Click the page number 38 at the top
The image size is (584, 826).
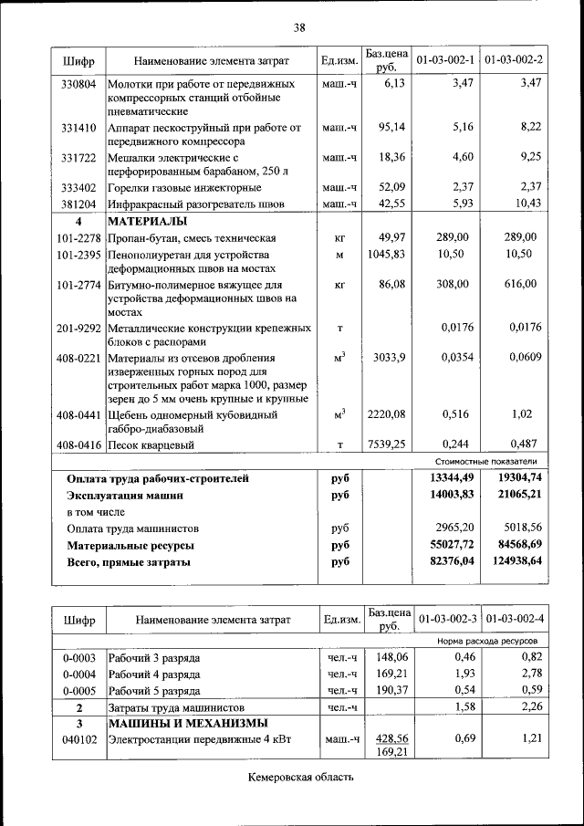click(x=298, y=27)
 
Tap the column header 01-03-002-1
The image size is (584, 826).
click(x=445, y=60)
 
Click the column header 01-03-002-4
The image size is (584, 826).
click(x=515, y=620)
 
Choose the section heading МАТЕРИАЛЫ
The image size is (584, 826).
click(x=148, y=222)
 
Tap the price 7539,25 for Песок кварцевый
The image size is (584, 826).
click(x=385, y=444)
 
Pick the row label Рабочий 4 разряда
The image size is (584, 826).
click(x=154, y=674)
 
